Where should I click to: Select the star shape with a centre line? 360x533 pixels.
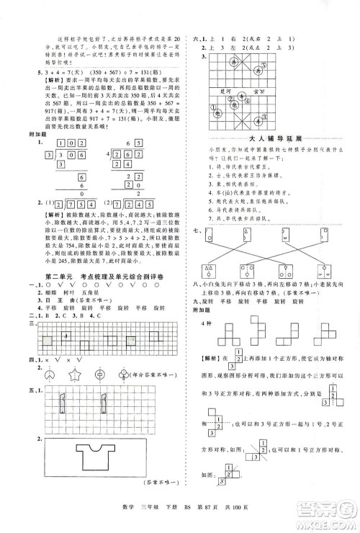pyautogui.click(x=74, y=375)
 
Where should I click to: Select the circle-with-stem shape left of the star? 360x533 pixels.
pyautogui.click(x=48, y=375)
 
